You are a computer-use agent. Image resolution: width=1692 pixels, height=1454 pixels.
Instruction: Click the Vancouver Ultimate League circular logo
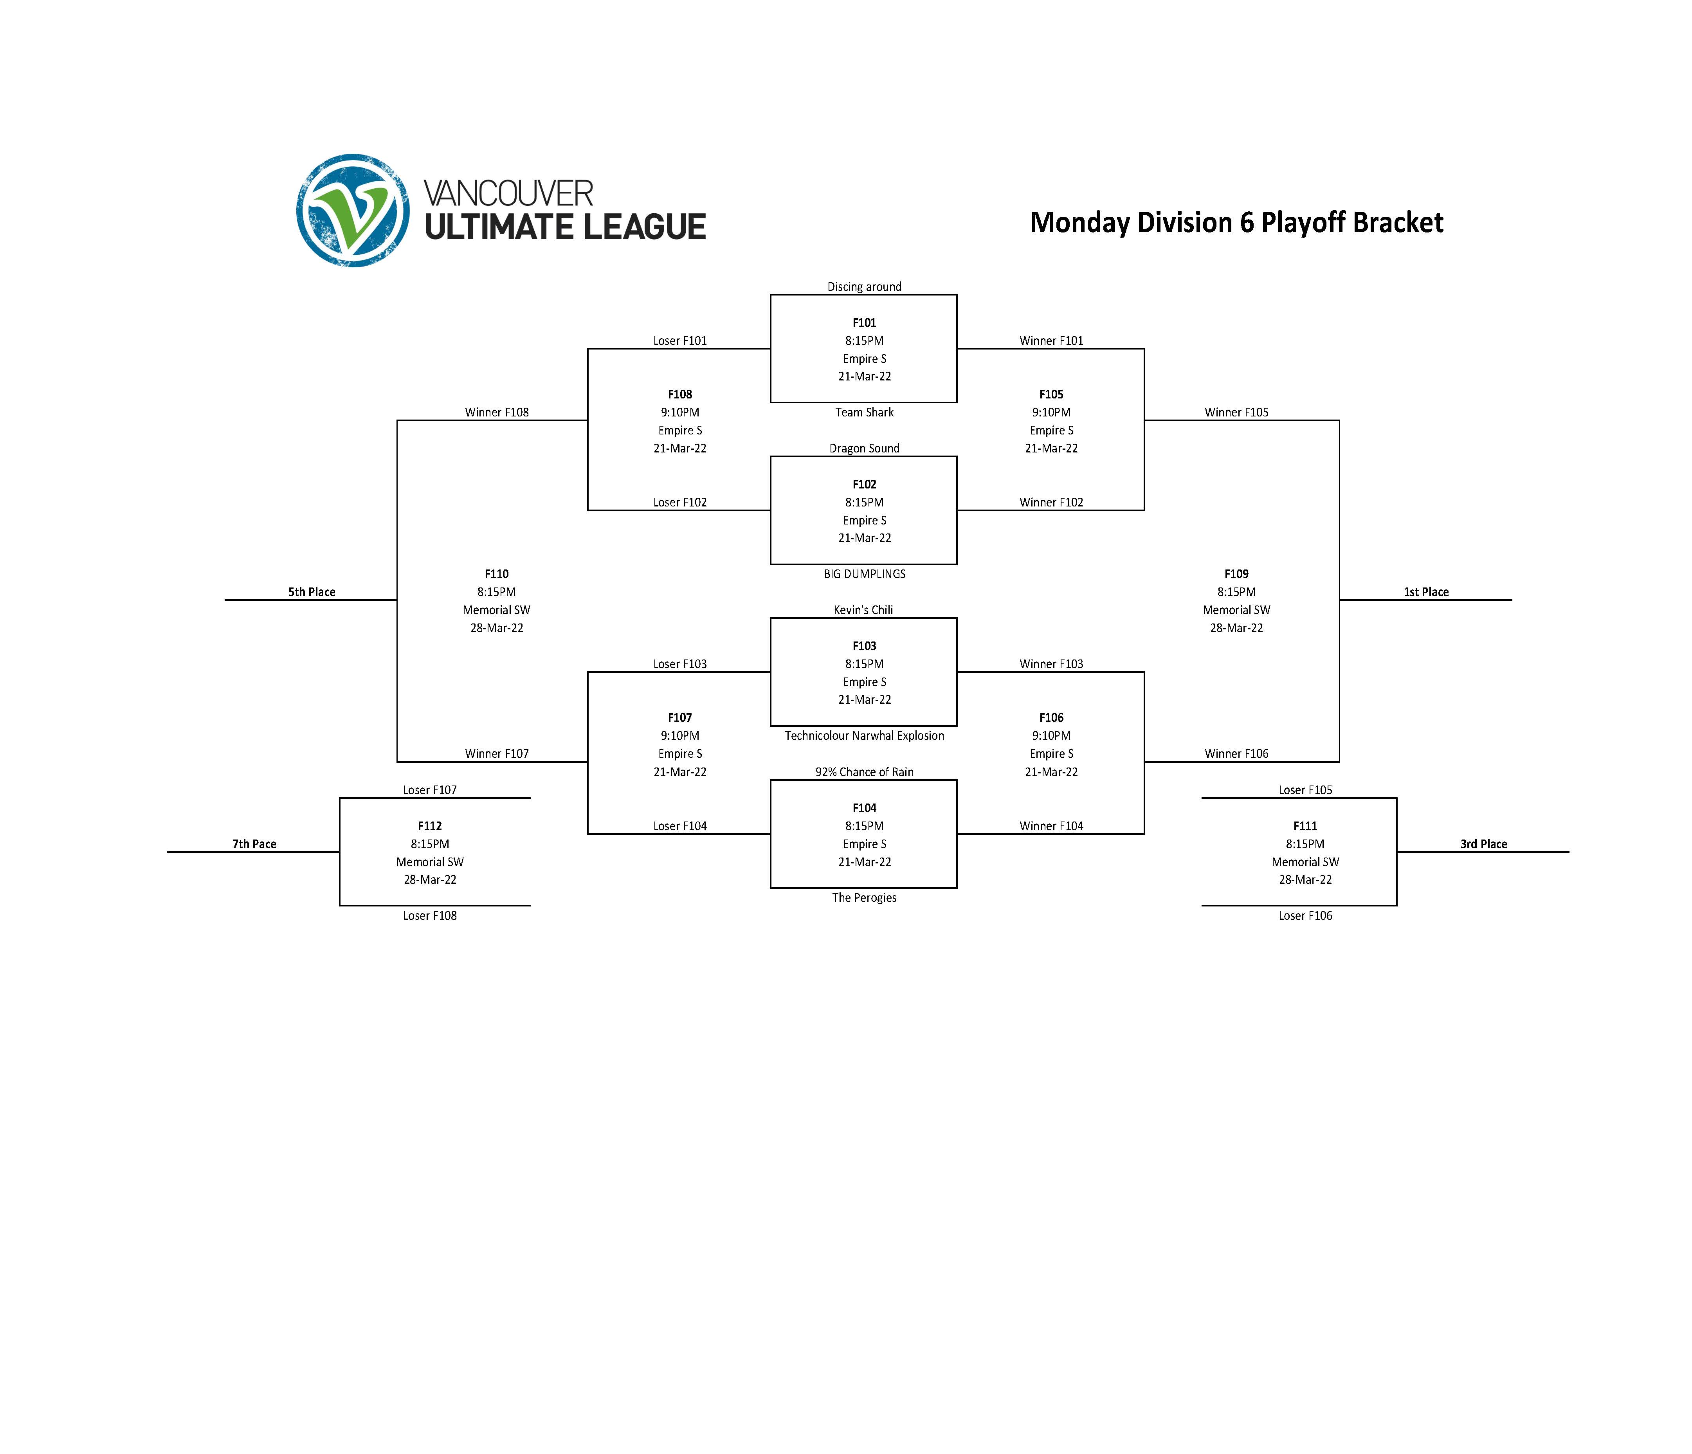pyautogui.click(x=353, y=211)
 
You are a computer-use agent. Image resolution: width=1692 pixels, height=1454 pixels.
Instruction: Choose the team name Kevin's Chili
pyautogui.click(x=863, y=610)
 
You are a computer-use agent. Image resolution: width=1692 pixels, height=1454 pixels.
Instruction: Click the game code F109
pyautogui.click(x=1236, y=574)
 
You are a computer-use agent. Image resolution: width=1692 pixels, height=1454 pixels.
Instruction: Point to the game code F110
pyautogui.click(x=497, y=574)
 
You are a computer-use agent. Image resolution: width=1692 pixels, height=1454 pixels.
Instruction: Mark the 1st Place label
pyautogui.click(x=1426, y=592)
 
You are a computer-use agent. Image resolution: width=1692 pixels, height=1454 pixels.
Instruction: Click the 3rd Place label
pyautogui.click(x=1483, y=844)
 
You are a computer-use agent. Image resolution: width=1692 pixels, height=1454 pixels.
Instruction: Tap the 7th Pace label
pyautogui.click(x=254, y=844)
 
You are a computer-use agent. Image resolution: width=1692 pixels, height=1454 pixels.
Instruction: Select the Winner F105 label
pyautogui.click(x=1236, y=412)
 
